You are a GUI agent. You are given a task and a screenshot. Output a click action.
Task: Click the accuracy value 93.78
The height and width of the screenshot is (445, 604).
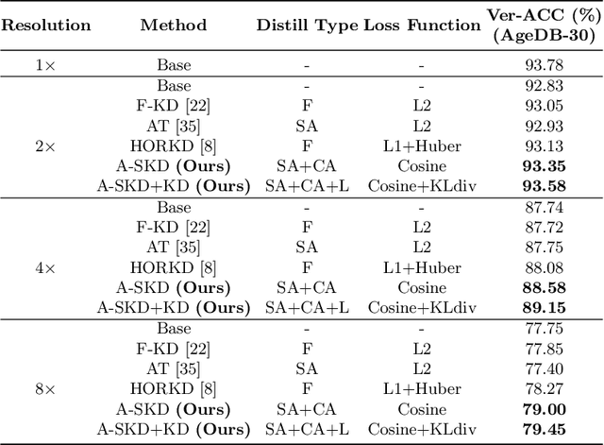[542, 65]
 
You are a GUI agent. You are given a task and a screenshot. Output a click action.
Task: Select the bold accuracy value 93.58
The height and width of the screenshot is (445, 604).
[542, 186]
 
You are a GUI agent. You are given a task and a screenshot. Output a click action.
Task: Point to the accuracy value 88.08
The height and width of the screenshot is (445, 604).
[542, 267]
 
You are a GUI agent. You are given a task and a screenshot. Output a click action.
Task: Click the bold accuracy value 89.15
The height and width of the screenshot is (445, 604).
[542, 307]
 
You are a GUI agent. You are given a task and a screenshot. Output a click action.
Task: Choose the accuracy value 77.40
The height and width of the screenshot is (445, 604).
[542, 368]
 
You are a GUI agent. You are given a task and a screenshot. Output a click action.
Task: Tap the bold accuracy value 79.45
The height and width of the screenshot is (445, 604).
[542, 429]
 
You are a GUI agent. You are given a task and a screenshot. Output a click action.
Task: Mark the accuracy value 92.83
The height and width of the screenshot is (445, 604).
[542, 86]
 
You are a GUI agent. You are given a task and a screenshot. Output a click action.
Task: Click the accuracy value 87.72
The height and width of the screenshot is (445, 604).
[542, 227]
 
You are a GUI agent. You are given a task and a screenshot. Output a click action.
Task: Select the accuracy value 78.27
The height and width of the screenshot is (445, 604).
[542, 388]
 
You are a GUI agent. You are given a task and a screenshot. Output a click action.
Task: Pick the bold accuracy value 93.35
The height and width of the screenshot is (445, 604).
[542, 166]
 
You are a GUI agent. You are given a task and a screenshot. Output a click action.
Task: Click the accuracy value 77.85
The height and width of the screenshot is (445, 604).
[542, 348]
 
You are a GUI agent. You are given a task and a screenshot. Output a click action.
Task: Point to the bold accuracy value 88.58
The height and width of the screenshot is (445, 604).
[542, 287]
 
